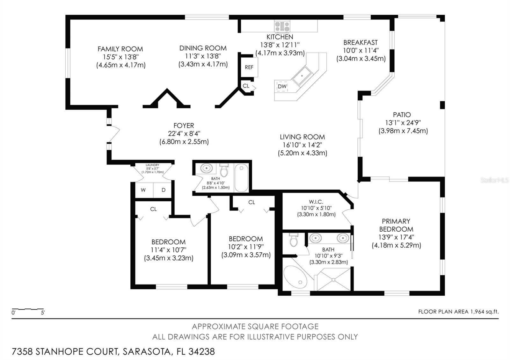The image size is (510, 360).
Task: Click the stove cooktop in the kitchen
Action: click(282, 26)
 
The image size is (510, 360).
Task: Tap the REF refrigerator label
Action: click(249, 67)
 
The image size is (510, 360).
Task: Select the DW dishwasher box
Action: click(282, 86)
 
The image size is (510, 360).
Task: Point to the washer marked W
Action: click(143, 190)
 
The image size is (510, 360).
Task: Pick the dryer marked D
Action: click(163, 190)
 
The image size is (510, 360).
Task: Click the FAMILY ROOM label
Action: click(120, 49)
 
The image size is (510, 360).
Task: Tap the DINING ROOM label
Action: click(203, 48)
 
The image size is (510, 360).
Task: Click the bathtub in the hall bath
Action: click(241, 178)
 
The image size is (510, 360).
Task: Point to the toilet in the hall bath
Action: click(224, 170)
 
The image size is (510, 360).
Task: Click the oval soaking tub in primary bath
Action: click(295, 276)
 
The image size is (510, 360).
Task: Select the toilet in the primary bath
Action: click(294, 240)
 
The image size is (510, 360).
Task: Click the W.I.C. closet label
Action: click(316, 202)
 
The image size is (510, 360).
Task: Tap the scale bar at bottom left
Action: click(28, 309)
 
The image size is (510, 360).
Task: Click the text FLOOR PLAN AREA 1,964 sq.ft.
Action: click(458, 312)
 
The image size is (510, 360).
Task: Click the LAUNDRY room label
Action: click(152, 165)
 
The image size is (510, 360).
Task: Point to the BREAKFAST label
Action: click(360, 42)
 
